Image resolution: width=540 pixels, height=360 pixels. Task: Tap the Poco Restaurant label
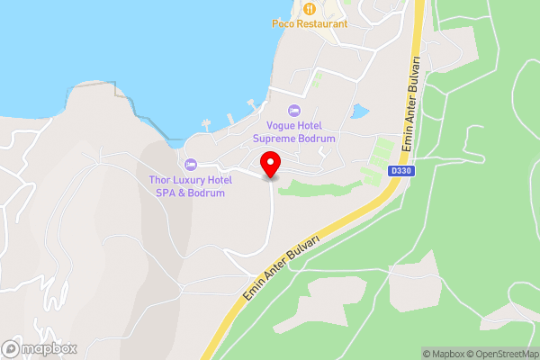[310, 24]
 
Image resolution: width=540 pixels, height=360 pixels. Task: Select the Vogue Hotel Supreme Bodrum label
[293, 133]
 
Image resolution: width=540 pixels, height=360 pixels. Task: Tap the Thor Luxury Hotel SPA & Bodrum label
[190, 186]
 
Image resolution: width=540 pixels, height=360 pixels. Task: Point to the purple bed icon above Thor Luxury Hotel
[190, 165]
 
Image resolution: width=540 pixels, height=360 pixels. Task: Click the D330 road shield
[400, 169]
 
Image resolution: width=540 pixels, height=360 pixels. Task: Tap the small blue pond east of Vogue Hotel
[360, 112]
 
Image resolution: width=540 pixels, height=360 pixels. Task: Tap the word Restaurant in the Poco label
[321, 24]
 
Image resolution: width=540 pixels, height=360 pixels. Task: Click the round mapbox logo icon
[12, 348]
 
